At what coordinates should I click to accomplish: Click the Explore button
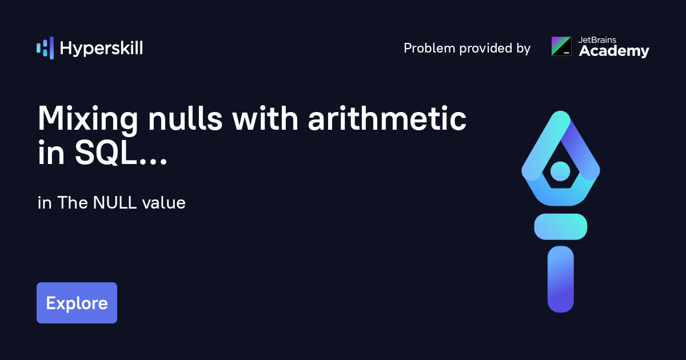point(77,303)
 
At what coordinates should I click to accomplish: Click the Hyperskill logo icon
point(45,48)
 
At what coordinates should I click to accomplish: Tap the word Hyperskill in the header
point(101,49)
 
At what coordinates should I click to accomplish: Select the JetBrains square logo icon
point(561,46)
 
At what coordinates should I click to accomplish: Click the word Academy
point(614,51)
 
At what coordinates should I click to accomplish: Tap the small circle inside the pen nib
point(560,171)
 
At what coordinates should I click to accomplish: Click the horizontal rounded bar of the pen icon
point(560,226)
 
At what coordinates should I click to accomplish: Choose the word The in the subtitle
point(70,203)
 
